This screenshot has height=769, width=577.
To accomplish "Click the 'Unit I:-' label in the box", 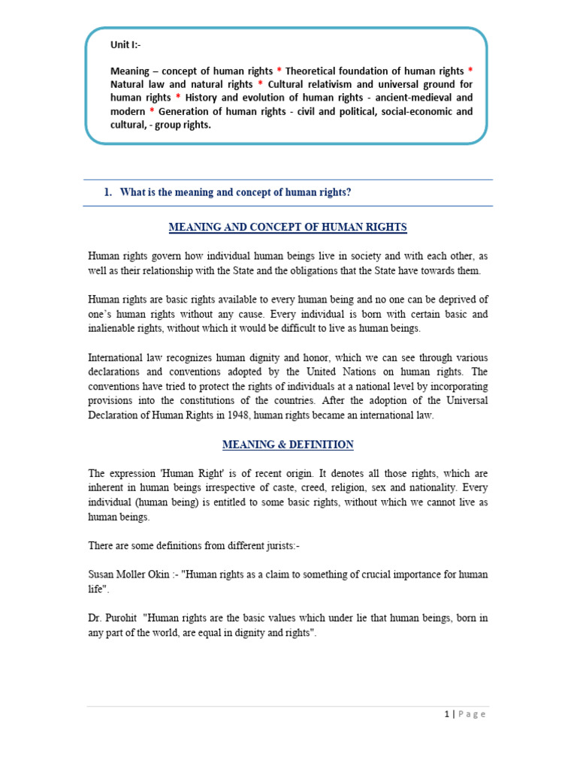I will point(125,45).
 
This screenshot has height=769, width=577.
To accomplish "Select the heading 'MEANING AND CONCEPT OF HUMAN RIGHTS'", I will point(288,228).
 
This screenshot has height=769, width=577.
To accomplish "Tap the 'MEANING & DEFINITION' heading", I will point(288,445).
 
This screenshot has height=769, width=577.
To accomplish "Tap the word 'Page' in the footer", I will point(472,714).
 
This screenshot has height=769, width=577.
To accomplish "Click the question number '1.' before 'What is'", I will point(108,193).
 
